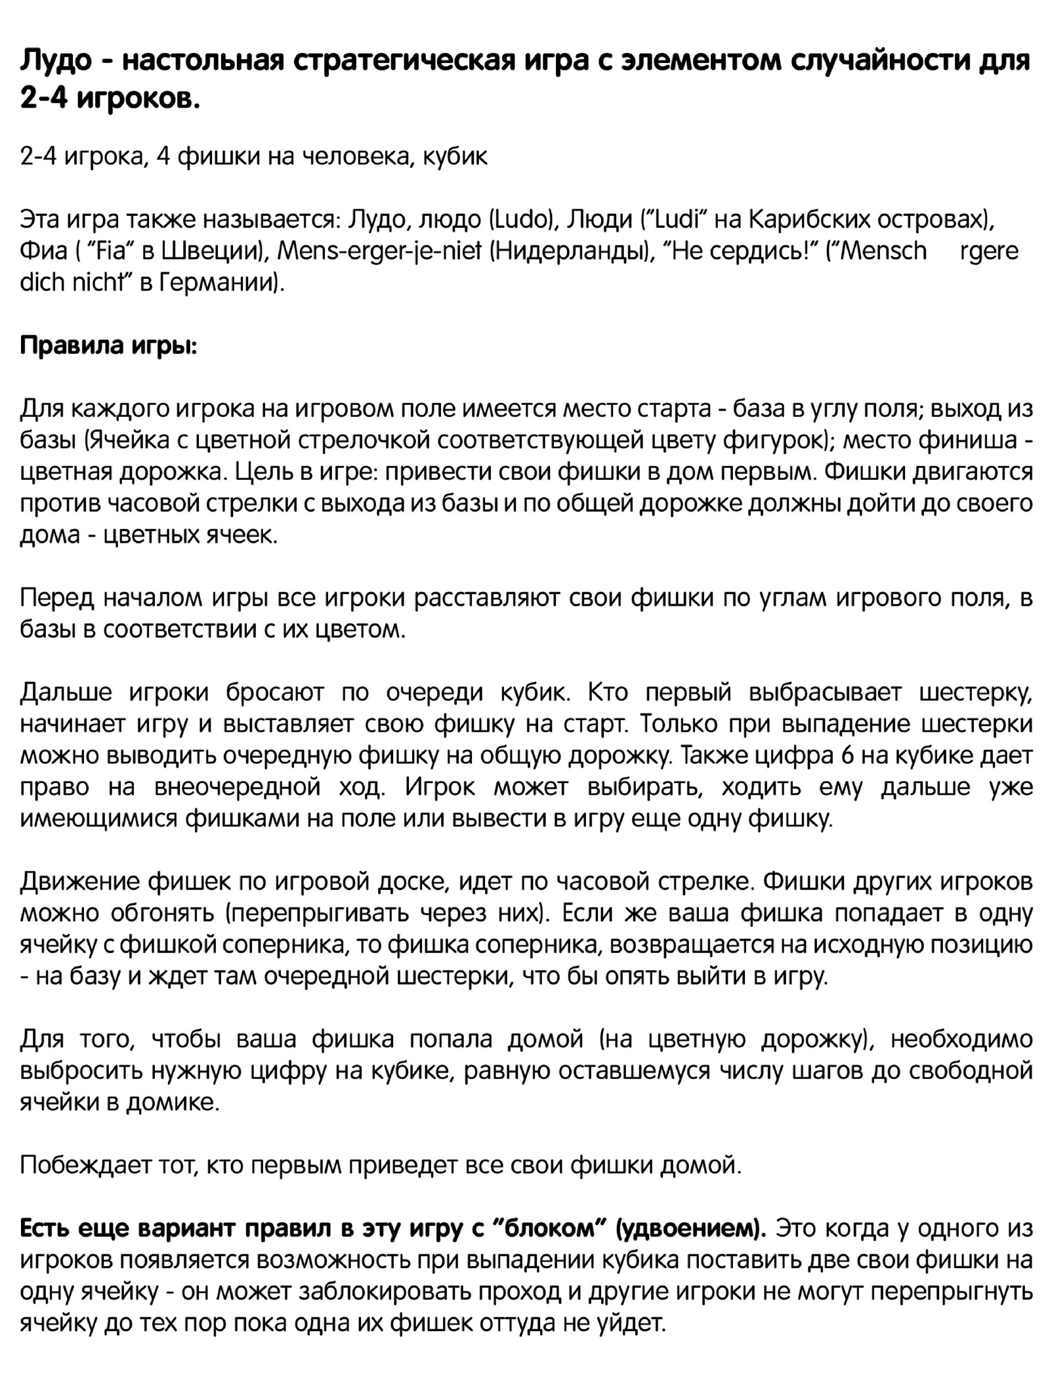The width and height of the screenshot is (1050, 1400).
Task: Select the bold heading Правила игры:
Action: (x=108, y=345)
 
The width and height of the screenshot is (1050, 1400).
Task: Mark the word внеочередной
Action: (x=238, y=788)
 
